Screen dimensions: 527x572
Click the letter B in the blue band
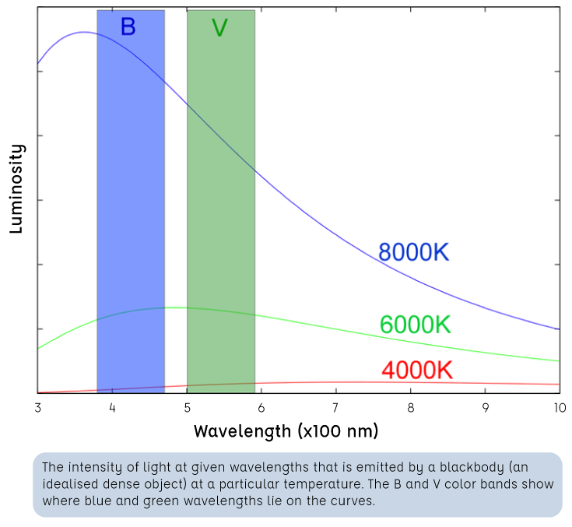pos(128,27)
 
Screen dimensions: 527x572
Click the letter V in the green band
pos(219,29)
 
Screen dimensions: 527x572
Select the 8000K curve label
pos(413,252)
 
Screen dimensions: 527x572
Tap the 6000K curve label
pos(415,325)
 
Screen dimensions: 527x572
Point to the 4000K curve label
pos(416,371)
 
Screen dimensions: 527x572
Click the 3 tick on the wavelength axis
pos(37,407)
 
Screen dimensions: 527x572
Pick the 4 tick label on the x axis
pos(112,407)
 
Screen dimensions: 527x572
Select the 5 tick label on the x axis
pos(187,407)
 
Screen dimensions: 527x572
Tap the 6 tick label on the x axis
pos(261,407)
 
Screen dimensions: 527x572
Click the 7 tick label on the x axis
pos(335,407)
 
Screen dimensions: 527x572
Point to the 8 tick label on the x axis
pos(410,407)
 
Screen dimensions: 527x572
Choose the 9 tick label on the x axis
pos(485,407)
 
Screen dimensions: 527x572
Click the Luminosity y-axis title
pos(16,188)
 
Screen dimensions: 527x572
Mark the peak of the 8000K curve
pos(83,33)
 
